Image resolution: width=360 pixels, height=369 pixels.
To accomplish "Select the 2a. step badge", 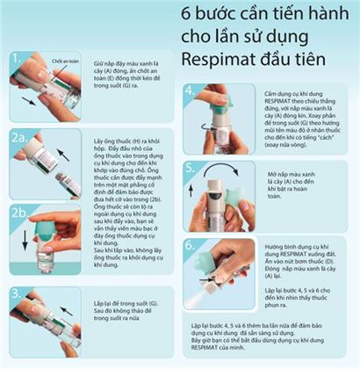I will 20,137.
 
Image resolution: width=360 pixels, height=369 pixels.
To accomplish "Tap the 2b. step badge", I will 20,211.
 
